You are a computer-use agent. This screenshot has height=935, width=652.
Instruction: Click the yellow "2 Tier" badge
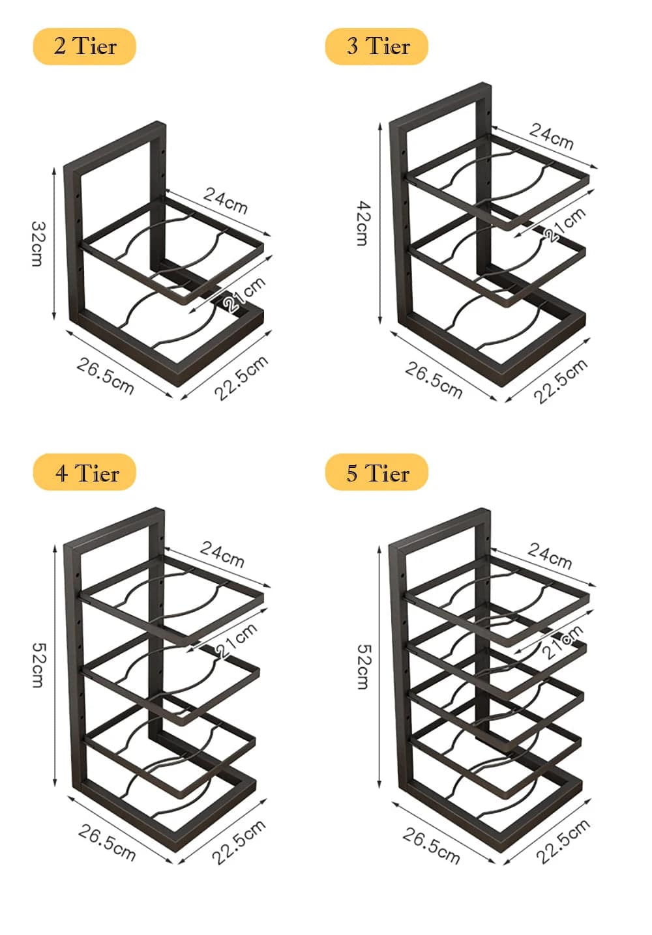click(x=84, y=46)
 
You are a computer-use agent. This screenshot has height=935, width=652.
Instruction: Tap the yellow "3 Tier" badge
click(x=377, y=46)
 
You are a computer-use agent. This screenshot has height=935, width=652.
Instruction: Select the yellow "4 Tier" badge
click(x=84, y=472)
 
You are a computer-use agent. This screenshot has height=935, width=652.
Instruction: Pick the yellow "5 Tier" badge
click(x=377, y=472)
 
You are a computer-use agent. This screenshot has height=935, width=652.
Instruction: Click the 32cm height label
click(x=38, y=243)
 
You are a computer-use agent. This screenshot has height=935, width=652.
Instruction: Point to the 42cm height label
click(x=363, y=223)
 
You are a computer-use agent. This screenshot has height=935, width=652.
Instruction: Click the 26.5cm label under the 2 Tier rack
click(x=106, y=376)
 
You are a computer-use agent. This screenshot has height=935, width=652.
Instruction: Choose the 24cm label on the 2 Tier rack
click(x=226, y=200)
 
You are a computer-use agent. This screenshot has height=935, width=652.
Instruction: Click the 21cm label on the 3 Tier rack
click(x=565, y=225)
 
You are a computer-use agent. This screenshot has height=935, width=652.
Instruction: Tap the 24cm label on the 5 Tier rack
click(x=550, y=555)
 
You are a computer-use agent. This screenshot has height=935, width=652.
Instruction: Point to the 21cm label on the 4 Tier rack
click(x=237, y=640)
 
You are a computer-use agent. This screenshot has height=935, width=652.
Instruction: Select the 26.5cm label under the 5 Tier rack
click(x=432, y=845)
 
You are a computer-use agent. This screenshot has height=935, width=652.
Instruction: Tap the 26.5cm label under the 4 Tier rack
click(x=107, y=842)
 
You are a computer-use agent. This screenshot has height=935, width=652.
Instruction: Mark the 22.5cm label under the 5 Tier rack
click(x=563, y=841)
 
